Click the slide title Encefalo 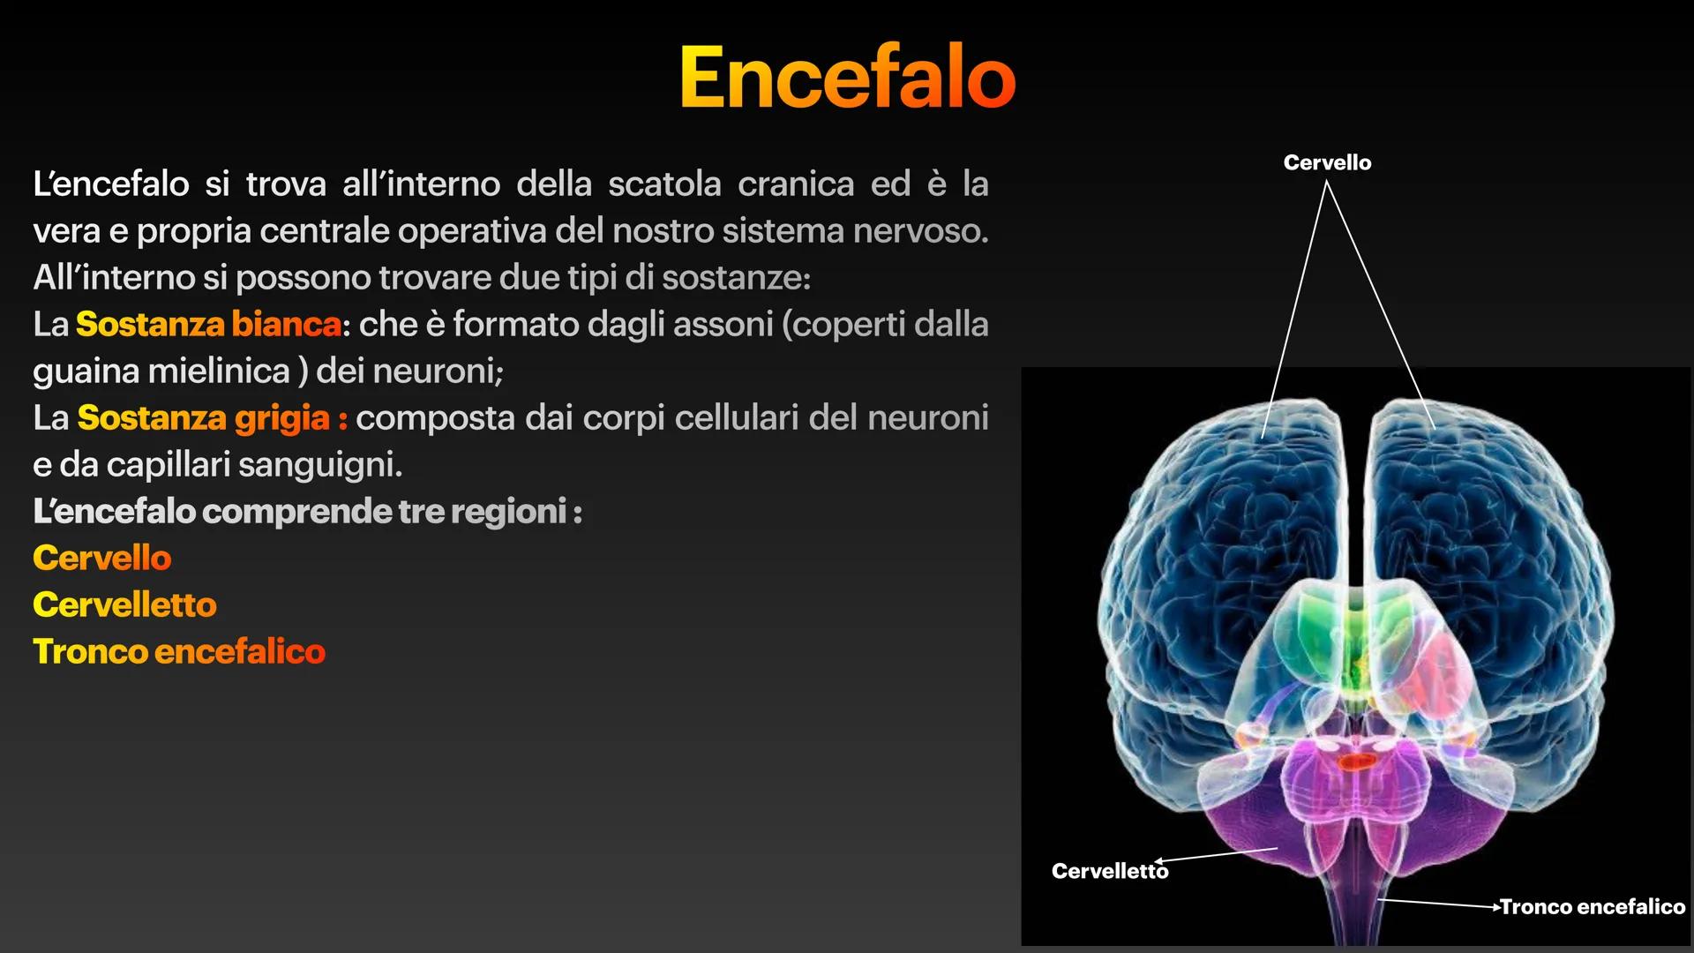tap(847, 78)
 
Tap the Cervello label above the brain tap(1327, 162)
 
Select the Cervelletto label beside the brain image tap(1109, 871)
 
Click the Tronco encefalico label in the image tap(1592, 906)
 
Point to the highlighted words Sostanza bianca tap(208, 325)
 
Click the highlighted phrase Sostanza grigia tap(203, 418)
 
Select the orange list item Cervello tap(102, 558)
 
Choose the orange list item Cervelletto tap(124, 604)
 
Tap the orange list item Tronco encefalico tap(179, 651)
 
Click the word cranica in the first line tap(796, 184)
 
